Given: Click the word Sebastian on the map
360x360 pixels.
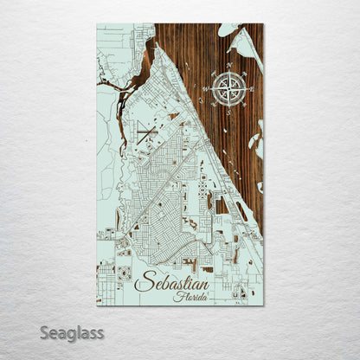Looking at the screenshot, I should coord(172,283).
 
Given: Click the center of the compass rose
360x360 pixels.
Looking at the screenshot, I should coord(228,88).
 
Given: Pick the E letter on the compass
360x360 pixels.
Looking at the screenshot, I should coord(251,88).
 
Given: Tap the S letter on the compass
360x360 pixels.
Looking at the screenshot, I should coord(228,110).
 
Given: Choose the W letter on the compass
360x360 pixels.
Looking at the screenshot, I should coord(207,88).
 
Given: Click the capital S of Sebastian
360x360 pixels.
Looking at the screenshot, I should coord(142,282).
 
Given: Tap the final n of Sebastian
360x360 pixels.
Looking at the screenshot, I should coord(205,284).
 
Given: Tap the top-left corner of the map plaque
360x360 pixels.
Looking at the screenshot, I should coord(97,24).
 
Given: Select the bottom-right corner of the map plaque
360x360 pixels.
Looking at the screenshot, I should coord(263,305).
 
